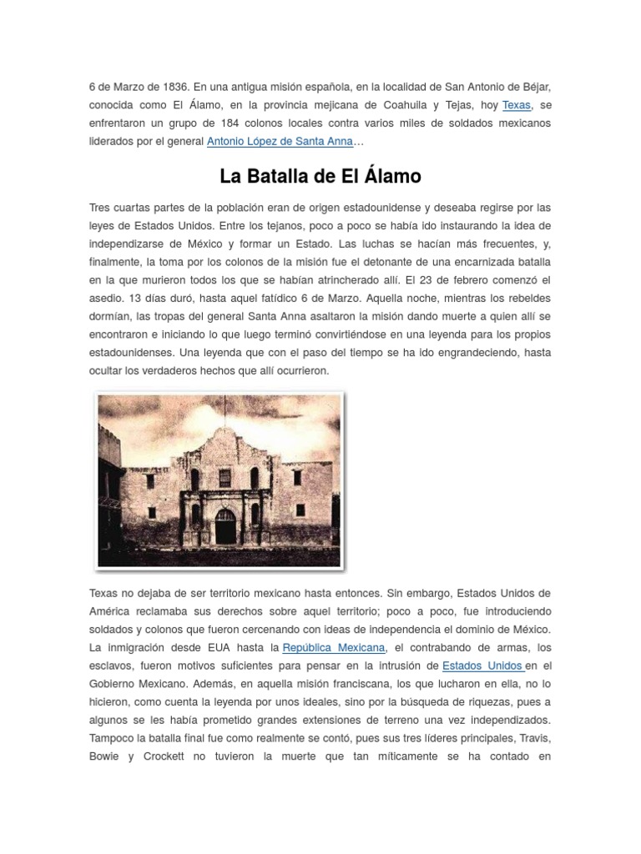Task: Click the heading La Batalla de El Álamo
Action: (x=320, y=177)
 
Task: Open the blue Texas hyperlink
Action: (x=516, y=105)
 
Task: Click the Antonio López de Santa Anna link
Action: (x=280, y=142)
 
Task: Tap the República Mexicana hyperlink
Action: (x=334, y=648)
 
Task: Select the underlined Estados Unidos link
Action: (x=482, y=666)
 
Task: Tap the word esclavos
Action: (x=111, y=666)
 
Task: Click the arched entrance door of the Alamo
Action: (x=225, y=527)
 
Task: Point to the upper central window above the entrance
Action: (x=225, y=477)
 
